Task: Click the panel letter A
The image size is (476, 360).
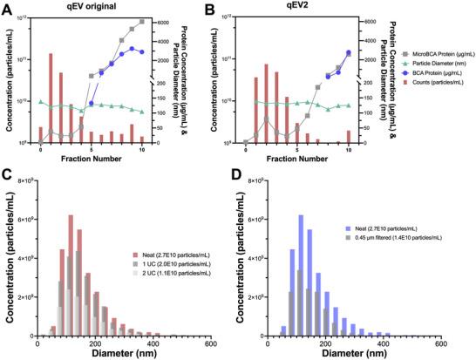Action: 6,8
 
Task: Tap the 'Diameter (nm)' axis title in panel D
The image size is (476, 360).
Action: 337,354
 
